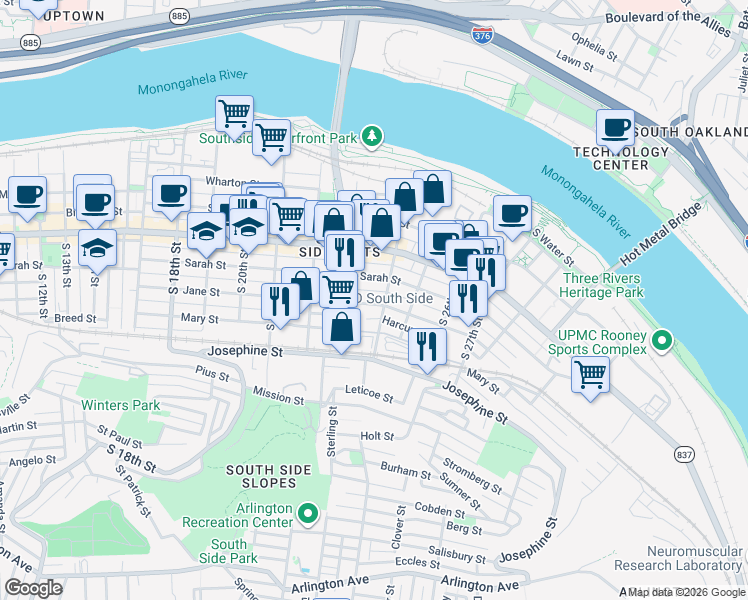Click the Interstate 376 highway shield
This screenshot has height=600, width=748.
(480, 34)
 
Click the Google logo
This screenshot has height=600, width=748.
(33, 587)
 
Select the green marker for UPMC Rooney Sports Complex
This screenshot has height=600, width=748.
(661, 343)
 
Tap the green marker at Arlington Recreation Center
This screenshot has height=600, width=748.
(308, 515)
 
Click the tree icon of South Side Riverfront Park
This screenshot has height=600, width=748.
(371, 135)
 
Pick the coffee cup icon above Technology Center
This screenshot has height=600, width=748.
(615, 127)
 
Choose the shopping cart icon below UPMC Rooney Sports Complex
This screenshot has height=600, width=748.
(590, 376)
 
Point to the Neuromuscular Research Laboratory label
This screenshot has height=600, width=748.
(693, 557)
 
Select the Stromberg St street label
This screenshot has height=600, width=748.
(473, 476)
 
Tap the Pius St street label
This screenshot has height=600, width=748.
(213, 374)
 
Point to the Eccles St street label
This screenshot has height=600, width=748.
(412, 561)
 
